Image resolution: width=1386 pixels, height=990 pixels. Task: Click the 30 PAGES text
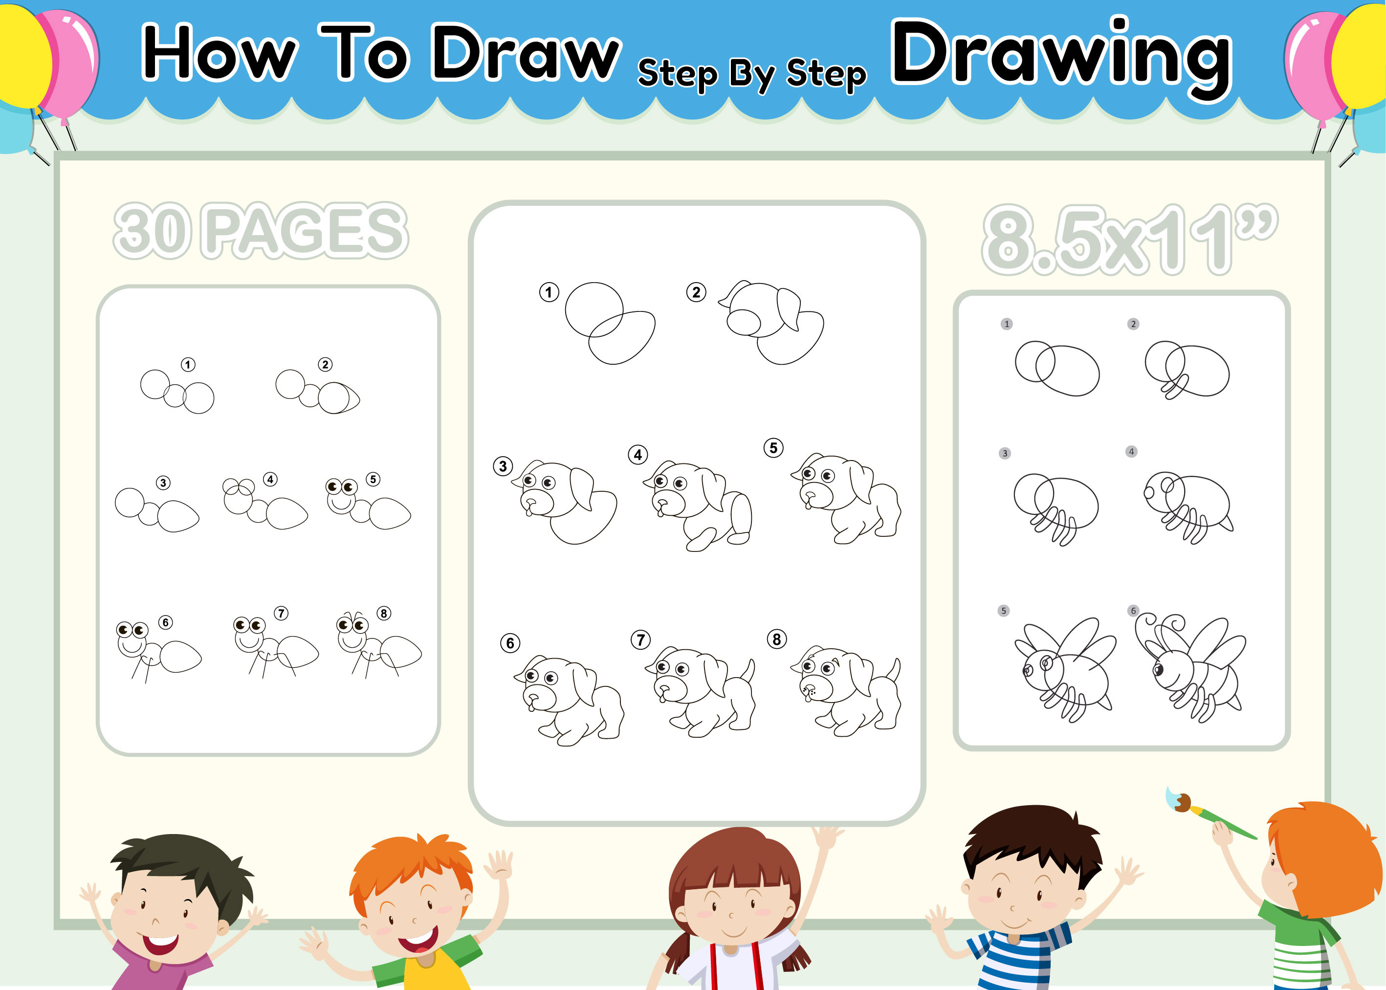coord(261,230)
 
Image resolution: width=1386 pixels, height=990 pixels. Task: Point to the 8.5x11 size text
coord(1129,239)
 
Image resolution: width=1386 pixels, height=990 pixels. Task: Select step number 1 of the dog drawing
coord(549,292)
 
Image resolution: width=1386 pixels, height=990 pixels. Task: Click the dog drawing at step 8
coord(845,691)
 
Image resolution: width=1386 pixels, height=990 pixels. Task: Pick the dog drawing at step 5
coord(846,498)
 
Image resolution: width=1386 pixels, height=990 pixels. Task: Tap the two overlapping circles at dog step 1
coord(610,323)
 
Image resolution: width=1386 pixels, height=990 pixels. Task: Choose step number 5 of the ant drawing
coord(373,479)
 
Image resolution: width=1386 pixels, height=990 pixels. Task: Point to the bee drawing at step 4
coord(1188,507)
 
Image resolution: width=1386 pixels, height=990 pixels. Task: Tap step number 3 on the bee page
coord(1005,453)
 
